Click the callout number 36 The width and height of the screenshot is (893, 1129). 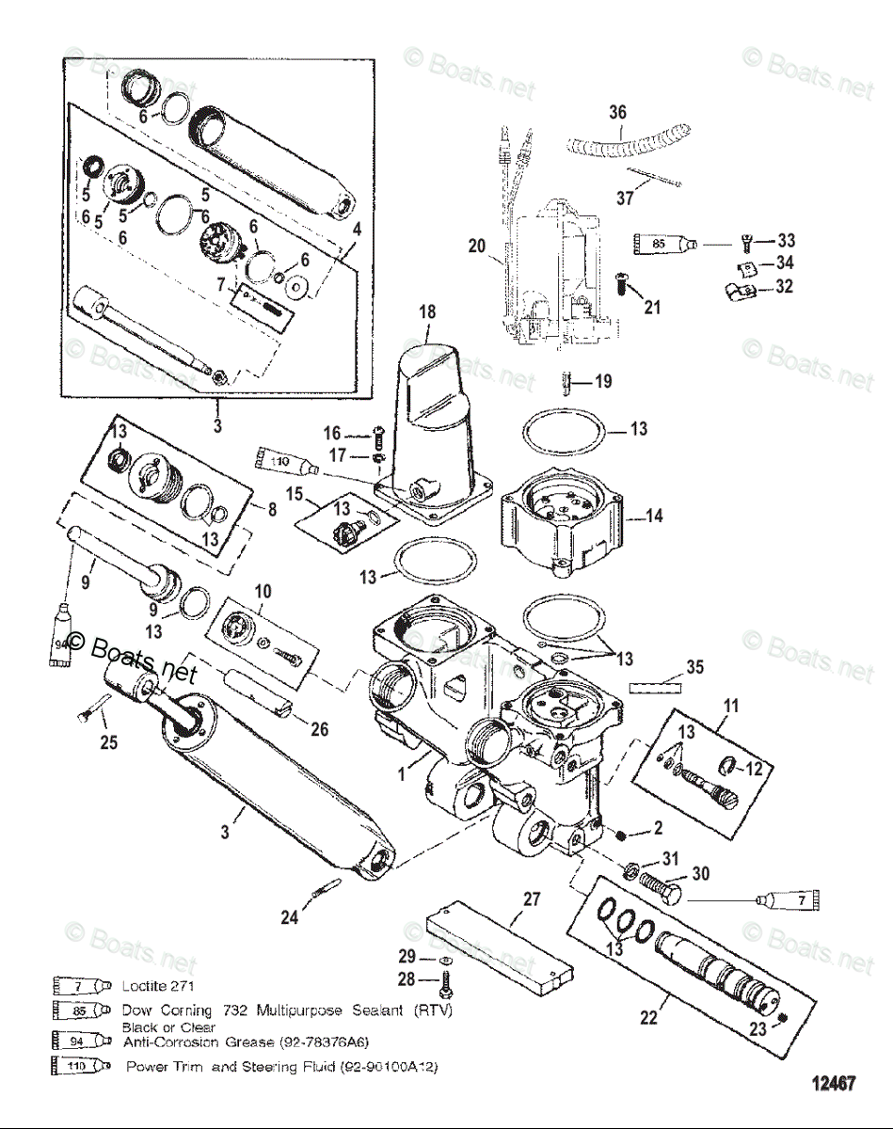[617, 113]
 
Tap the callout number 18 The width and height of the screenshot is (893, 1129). [428, 311]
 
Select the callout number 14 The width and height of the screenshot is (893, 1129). [653, 517]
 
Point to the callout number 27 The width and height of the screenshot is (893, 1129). [532, 899]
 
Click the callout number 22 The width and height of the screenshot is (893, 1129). [648, 1018]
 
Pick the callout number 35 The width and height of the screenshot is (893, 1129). [694, 667]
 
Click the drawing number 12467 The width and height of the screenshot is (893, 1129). [834, 1084]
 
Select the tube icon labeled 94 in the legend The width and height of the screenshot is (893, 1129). [83, 1042]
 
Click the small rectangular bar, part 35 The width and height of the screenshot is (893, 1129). [655, 687]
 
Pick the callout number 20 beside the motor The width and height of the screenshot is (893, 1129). [477, 246]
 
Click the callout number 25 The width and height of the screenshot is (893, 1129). [109, 743]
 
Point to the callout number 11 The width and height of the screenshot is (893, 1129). [730, 705]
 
